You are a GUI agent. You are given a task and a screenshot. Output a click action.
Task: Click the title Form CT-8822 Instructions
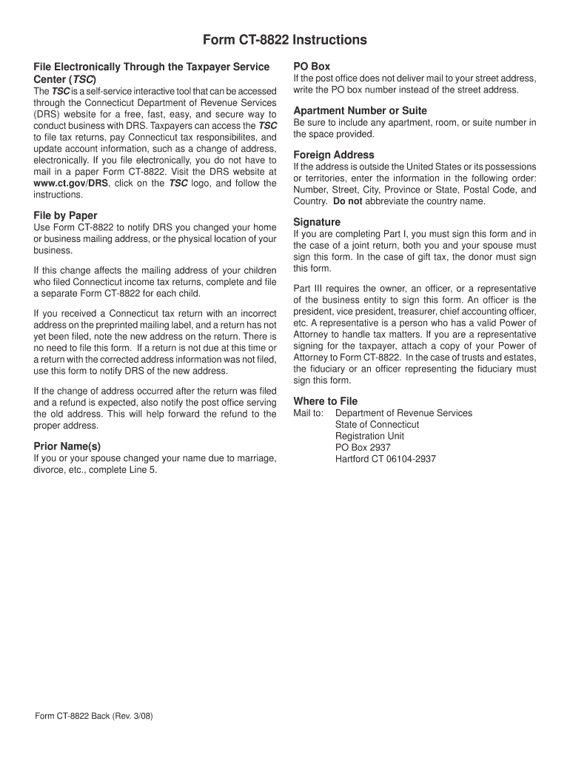(x=285, y=39)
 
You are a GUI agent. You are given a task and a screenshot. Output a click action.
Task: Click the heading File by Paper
(x=65, y=215)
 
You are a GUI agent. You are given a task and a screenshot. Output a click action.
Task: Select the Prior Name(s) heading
(x=67, y=446)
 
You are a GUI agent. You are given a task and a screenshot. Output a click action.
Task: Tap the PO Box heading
(x=312, y=66)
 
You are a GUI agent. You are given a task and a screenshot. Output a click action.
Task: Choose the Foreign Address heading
(x=334, y=155)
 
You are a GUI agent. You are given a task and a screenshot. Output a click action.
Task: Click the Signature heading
(x=317, y=222)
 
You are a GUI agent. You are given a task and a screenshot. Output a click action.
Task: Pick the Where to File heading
(x=325, y=401)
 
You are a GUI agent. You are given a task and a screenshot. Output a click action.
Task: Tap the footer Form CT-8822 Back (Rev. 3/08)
(x=94, y=717)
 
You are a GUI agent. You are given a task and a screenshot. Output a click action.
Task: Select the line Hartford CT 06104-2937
(x=385, y=459)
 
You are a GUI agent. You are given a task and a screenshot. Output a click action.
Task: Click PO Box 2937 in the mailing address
(x=363, y=447)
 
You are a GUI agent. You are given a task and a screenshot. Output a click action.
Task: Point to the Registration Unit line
(x=369, y=436)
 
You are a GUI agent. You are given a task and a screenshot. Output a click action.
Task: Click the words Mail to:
(x=308, y=413)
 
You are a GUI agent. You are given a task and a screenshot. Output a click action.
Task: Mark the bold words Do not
(x=347, y=201)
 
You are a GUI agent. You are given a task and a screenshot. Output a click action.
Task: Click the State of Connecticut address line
(x=377, y=424)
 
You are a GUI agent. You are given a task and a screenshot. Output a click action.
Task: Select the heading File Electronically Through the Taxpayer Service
(x=151, y=67)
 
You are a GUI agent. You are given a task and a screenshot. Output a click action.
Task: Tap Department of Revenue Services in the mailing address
(x=403, y=413)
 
